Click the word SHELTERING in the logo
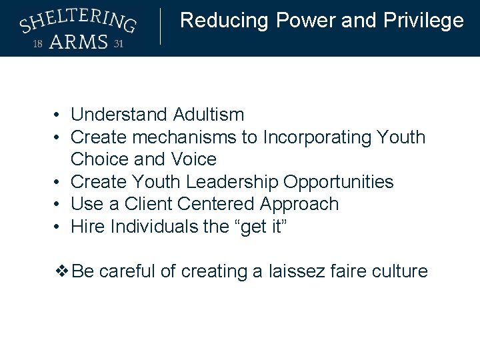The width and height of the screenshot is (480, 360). click(x=78, y=21)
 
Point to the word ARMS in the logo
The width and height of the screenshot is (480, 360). click(x=78, y=42)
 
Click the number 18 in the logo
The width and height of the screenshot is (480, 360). click(x=39, y=45)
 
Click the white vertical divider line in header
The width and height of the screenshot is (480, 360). click(x=161, y=27)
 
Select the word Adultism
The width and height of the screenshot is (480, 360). click(x=209, y=115)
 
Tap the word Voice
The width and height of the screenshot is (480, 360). click(x=193, y=159)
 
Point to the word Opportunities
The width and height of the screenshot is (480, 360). click(x=339, y=182)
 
